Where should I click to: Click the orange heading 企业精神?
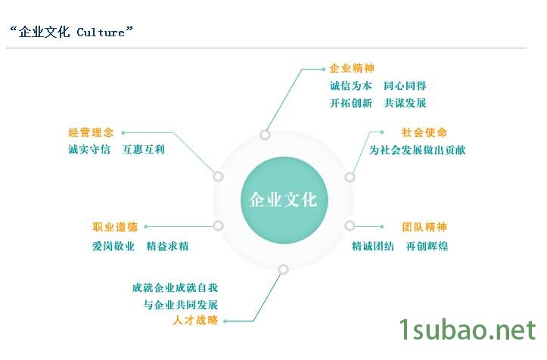click(x=352, y=68)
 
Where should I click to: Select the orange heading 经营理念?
click(x=91, y=132)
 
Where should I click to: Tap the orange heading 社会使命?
click(x=424, y=132)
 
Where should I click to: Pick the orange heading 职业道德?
click(x=115, y=227)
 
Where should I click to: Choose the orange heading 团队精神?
click(x=424, y=227)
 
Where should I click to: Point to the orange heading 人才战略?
click(x=195, y=320)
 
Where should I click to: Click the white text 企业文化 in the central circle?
click(x=283, y=200)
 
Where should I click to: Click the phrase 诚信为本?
click(x=351, y=85)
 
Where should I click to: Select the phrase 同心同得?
click(x=405, y=85)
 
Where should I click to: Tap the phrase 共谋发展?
click(x=405, y=103)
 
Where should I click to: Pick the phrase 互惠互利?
click(x=144, y=150)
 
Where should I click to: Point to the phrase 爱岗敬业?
click(x=113, y=247)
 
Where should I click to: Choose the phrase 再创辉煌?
click(x=427, y=247)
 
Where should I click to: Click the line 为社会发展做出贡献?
click(x=417, y=150)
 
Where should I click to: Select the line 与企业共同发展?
click(x=181, y=305)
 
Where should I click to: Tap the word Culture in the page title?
click(x=101, y=33)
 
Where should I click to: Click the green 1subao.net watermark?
click(x=468, y=329)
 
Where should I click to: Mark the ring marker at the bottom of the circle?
click(x=283, y=269)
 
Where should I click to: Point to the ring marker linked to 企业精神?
click(x=265, y=135)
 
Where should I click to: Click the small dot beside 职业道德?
click(x=146, y=227)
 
